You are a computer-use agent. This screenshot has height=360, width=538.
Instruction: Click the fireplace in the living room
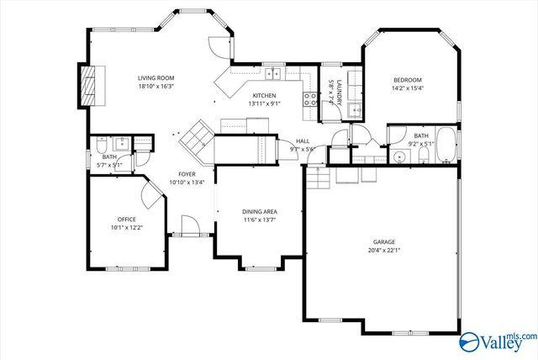87,84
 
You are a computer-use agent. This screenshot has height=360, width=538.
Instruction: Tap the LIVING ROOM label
156,78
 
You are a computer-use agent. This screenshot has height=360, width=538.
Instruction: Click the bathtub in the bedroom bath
446,146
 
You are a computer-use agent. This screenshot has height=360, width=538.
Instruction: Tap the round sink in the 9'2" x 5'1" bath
398,157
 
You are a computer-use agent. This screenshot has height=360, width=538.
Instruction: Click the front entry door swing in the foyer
190,225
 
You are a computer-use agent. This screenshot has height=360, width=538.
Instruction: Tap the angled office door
150,195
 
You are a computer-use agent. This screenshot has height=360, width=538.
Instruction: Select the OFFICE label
126,219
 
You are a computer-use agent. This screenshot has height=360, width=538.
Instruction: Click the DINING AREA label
259,211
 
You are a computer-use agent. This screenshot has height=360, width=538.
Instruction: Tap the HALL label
303,140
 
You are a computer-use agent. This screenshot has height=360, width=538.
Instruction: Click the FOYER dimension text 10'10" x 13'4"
187,182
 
